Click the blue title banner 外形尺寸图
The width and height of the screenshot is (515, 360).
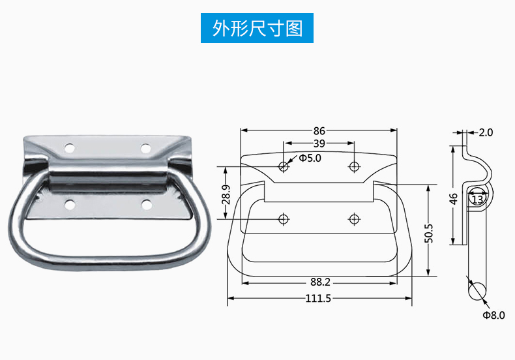point(257,29)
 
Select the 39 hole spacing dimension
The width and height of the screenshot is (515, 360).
point(319,143)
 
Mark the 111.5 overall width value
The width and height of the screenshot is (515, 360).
point(319,299)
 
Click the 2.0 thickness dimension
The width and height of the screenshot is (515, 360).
point(486,132)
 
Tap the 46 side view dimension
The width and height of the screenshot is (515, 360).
point(454,198)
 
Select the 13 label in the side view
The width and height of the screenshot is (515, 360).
point(478,200)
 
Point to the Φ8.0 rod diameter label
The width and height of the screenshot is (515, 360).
point(493,315)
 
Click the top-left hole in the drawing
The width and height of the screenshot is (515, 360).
point(284,166)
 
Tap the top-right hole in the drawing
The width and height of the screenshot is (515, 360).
point(354,166)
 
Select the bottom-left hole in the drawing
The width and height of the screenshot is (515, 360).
point(284,218)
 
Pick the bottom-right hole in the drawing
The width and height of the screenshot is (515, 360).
point(354,218)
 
